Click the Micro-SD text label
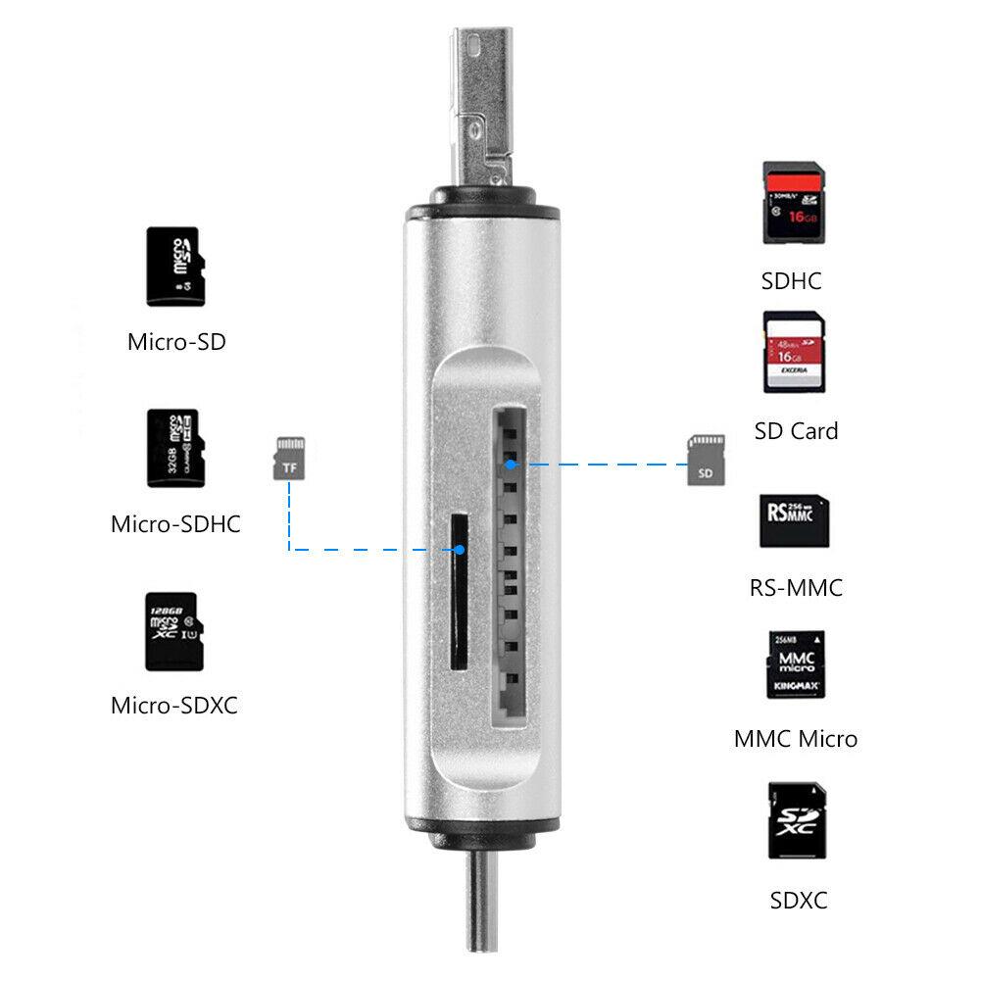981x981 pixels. tap(176, 342)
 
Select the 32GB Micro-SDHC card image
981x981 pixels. tap(172, 448)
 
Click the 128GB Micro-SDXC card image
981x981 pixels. tap(172, 631)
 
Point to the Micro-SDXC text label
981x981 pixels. tap(174, 705)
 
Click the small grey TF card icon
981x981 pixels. tap(287, 459)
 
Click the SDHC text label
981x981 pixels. tap(792, 281)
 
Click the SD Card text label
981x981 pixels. tap(797, 431)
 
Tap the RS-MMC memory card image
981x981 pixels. tap(794, 520)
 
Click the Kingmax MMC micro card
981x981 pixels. tap(795, 664)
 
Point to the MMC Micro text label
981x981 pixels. tap(796, 739)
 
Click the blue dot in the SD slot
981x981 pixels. tap(511, 461)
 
